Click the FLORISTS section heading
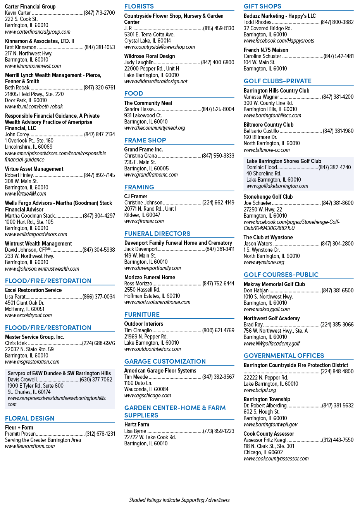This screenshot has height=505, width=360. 139,6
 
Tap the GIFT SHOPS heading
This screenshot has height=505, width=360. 262,6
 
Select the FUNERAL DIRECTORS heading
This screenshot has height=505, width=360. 157,234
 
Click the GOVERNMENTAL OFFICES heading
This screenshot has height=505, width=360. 284,356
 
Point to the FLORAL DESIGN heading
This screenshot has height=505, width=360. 29,418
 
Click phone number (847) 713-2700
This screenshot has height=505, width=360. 99,13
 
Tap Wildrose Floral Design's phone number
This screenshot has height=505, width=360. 217,62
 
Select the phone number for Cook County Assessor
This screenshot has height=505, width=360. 338,440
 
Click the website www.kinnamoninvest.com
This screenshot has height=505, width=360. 33,66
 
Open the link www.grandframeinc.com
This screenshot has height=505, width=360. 151,175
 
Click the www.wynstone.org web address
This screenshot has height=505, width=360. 264,262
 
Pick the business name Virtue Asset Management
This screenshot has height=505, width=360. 34,169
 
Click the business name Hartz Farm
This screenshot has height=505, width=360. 136,424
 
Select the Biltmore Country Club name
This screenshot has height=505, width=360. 269,125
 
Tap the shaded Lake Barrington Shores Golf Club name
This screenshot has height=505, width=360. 284,161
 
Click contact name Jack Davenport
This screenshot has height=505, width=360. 141,249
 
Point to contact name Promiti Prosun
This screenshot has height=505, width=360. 20,434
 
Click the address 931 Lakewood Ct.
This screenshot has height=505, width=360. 143,115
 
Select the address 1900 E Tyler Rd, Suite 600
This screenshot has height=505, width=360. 35,386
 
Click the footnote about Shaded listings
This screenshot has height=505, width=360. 179,500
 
